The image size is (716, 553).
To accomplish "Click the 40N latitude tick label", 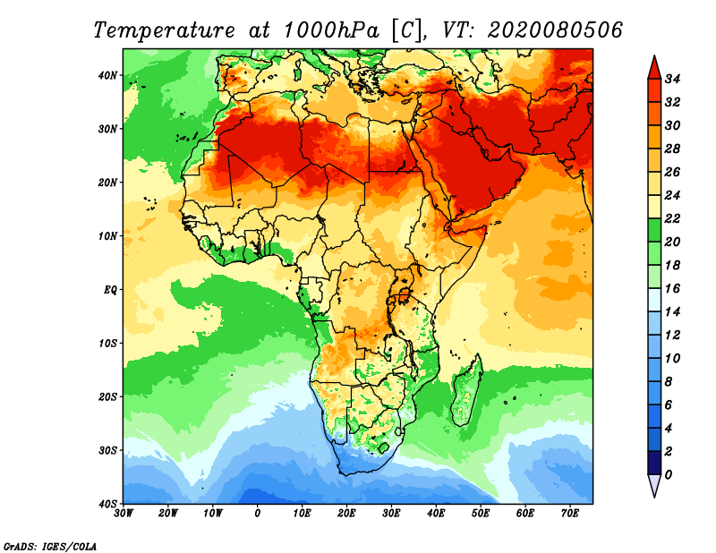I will coord(108,75).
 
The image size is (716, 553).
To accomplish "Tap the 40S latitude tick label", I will coord(108,503).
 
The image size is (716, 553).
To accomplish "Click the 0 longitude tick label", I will coord(258,514).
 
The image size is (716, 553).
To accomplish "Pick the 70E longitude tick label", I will coord(569,514).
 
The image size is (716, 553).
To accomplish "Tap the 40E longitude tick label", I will coord(436,514).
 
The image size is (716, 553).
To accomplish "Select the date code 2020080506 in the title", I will coord(555,30).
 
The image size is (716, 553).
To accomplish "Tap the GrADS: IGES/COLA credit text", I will coord(48,544).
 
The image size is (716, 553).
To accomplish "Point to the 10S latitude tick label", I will coord(108,343).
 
